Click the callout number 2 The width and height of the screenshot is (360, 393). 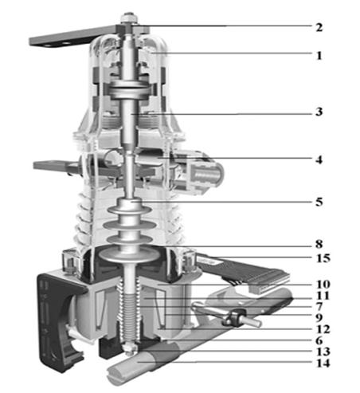(319, 27)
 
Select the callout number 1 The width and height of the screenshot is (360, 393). (319, 56)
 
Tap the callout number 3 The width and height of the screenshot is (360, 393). (319, 112)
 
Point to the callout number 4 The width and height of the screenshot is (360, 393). (319, 159)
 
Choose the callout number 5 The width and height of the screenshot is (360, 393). (319, 202)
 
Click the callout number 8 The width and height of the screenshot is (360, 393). (319, 244)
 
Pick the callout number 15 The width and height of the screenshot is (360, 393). (323, 258)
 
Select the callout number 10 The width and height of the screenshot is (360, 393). (323, 285)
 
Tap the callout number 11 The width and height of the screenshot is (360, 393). (323, 296)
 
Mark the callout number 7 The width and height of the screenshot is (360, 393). (319, 307)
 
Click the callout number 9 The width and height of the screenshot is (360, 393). (319, 318)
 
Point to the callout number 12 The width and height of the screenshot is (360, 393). (323, 329)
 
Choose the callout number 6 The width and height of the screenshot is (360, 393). (319, 340)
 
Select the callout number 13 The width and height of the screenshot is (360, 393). (323, 352)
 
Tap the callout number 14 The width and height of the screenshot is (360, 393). (323, 363)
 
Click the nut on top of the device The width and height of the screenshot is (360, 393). (128, 18)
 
